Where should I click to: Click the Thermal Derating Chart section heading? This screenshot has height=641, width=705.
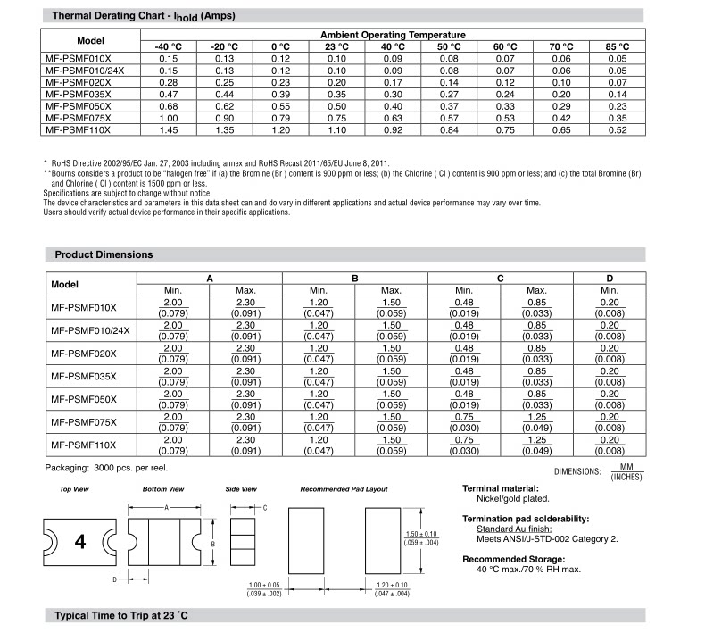coord(144,15)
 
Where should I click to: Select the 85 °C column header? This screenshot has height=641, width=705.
coord(617,46)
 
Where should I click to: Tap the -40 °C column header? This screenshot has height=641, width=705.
coord(168,46)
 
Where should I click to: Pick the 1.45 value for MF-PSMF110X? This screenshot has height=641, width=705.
coord(168,129)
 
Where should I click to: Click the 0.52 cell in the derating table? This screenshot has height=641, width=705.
coord(617,129)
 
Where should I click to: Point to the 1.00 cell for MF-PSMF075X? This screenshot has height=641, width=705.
coord(168,118)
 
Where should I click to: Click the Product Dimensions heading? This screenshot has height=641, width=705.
coord(104,254)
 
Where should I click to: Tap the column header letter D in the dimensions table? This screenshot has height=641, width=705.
coord(610,279)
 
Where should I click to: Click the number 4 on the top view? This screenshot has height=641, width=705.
coord(80,542)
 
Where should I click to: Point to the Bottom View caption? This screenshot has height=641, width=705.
coord(163,489)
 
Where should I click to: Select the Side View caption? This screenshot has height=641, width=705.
coord(241,489)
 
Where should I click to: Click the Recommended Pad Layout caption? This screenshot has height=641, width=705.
coord(344,489)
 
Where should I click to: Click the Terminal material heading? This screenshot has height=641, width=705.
coord(501,488)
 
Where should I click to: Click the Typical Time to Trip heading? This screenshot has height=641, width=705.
coord(121,617)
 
